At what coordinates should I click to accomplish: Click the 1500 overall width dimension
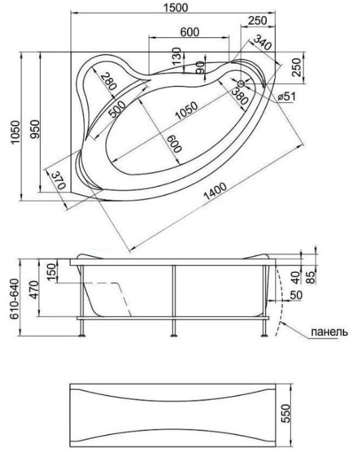click(x=176, y=7)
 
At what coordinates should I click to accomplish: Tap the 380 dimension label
click(x=240, y=98)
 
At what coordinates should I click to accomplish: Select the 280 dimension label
click(x=107, y=82)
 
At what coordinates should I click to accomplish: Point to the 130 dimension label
click(x=176, y=56)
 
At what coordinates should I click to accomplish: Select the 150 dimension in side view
click(x=50, y=272)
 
